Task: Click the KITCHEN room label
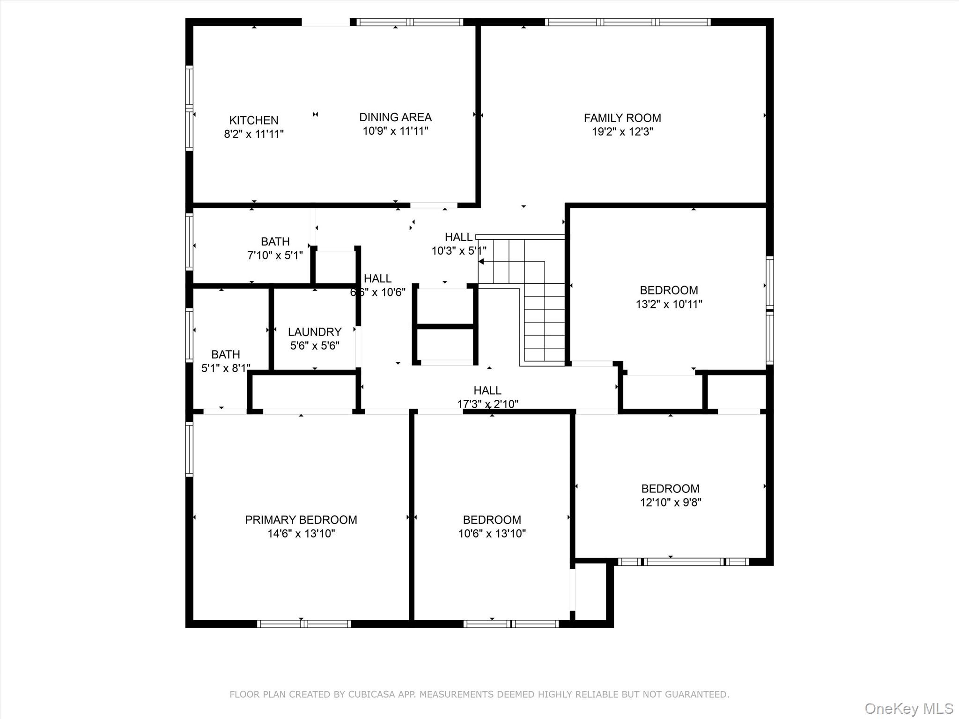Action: point(253,120)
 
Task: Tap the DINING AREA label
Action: point(395,117)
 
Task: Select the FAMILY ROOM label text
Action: point(622,118)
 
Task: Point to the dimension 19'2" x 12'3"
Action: point(622,132)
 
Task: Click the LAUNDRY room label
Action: point(314,332)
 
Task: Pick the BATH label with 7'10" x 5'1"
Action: point(275,242)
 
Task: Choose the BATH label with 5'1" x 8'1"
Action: point(225,354)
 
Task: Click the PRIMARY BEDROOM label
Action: point(301,520)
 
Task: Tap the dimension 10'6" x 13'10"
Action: point(492,534)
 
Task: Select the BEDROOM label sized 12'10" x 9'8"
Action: point(670,489)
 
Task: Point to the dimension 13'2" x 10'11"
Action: point(669,304)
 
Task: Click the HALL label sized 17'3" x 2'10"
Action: point(487,390)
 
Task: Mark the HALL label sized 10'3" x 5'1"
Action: point(458,237)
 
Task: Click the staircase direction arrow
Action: point(481,262)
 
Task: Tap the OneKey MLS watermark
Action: point(908,708)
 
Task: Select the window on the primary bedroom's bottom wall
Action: point(304,624)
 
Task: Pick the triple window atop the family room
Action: point(627,22)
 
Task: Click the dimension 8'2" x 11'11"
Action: point(253,134)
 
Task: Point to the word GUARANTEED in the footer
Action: point(699,695)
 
